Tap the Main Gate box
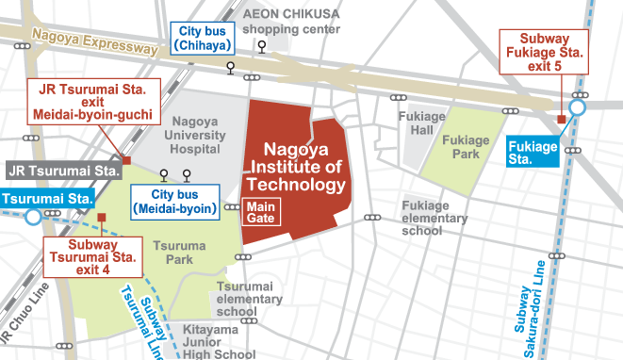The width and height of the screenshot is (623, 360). coord(260,212)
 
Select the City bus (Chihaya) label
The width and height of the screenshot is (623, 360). coord(202,39)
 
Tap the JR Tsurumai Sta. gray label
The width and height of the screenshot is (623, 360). coord(64,172)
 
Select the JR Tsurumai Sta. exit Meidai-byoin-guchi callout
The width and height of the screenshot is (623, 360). coord(93,102)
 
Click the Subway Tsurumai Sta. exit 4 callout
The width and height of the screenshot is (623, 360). coord(93,257)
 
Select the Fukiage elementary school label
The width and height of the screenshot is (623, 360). coord(434,218)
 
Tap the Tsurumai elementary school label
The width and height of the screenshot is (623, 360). coord(249,299)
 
